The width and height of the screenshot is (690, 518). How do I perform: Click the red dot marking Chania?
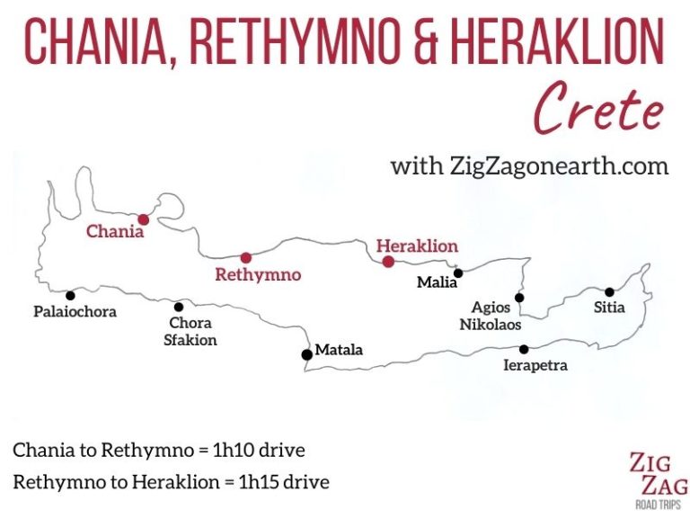click(143, 219)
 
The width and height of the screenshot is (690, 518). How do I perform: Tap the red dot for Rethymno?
click(245, 257)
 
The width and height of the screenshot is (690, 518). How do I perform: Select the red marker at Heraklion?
click(388, 262)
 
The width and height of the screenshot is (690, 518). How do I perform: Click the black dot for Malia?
click(457, 272)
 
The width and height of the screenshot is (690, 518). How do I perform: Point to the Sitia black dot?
click(609, 291)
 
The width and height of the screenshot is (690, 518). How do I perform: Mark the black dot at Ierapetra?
click(524, 349)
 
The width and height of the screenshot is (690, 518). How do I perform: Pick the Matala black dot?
click(307, 353)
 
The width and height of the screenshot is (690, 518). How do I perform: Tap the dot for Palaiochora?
click(69, 295)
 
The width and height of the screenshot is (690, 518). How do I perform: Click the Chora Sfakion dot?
click(179, 307)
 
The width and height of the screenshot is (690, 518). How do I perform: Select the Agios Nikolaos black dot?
click(518, 298)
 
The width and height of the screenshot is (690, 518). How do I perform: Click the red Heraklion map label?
click(417, 246)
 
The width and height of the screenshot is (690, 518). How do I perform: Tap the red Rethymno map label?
click(258, 274)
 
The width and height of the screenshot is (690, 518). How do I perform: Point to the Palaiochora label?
click(76, 313)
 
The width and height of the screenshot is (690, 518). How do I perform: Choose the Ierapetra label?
click(536, 366)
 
